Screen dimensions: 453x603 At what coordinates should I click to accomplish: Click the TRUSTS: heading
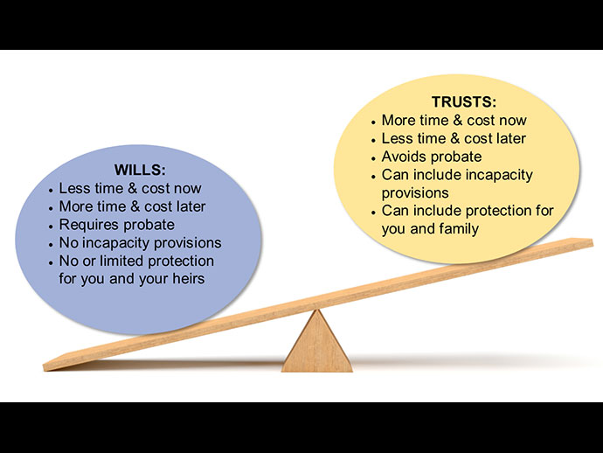point(464,102)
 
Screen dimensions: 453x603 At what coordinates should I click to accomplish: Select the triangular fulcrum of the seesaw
point(316,343)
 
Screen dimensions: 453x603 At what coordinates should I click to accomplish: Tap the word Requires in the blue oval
point(87,225)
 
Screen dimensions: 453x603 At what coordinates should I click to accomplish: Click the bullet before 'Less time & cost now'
point(51,190)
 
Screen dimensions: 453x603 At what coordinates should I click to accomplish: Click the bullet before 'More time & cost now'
point(374,122)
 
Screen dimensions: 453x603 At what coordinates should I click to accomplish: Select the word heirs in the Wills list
point(184,279)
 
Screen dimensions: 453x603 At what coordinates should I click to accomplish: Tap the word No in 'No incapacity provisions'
point(68,242)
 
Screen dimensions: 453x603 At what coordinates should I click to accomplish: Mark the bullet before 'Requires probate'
point(51,226)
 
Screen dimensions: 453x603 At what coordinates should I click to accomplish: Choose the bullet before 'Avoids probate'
point(374,157)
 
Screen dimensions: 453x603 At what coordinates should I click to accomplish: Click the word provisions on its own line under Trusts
point(415,192)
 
